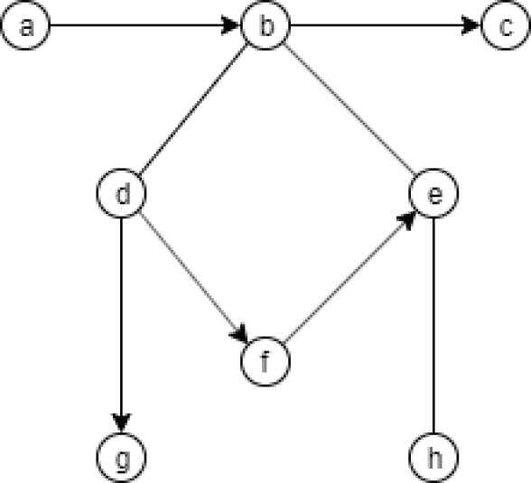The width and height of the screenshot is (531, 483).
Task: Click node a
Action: click(25, 25)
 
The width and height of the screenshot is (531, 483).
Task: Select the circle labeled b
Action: click(265, 25)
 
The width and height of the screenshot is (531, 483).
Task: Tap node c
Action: click(506, 25)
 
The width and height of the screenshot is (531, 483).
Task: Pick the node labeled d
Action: click(122, 192)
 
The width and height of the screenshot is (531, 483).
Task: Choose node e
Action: click(433, 192)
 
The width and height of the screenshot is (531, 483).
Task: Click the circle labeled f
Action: click(265, 361)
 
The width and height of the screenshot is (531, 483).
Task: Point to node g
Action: click(122, 457)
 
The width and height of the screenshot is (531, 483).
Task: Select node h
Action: click(433, 457)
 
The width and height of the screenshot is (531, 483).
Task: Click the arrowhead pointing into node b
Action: click(231, 25)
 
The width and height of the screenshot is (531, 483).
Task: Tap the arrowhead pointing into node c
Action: click(471, 25)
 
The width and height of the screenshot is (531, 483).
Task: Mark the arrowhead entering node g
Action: click(122, 423)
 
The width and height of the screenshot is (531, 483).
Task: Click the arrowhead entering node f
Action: click(240, 334)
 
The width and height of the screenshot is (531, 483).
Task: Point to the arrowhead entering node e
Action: click(406, 220)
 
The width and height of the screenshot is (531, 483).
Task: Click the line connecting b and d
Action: click(193, 109)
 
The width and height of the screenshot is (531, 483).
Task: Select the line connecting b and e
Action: click(349, 109)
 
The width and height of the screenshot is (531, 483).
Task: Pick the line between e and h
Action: click(433, 325)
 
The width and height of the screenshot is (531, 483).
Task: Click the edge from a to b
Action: click(145, 25)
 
